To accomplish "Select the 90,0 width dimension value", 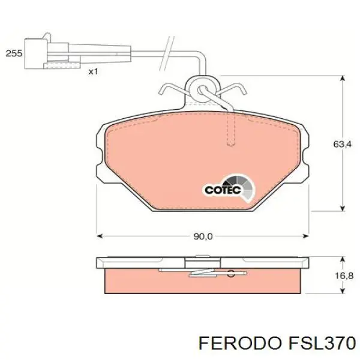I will pos(202,236).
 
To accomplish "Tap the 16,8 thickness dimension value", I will pos(342,275).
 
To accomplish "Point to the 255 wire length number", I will pos(13,53).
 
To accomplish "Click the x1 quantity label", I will pos(93,71).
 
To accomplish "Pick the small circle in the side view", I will pos(230,275).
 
